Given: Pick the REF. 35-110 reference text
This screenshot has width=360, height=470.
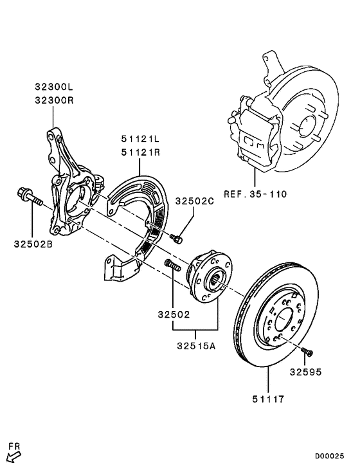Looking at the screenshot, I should [255, 194].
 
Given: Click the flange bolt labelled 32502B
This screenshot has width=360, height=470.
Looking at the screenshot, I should [29, 195].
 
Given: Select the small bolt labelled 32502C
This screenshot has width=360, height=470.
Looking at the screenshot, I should [177, 239].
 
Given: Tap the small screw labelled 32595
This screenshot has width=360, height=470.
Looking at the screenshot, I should [307, 351].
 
